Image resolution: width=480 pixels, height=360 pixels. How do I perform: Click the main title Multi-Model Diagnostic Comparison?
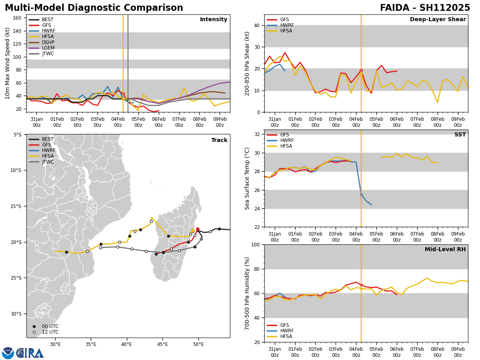point(94,8)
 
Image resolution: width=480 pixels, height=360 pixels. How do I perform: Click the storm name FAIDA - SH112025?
point(425,8)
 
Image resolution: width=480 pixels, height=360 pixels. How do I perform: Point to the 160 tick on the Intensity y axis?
point(18,18)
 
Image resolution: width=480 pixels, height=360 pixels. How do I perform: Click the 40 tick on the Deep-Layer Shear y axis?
point(256,25)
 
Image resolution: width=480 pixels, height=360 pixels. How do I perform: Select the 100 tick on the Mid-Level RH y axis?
point(255,244)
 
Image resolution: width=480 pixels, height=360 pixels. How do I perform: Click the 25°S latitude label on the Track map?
point(16,278)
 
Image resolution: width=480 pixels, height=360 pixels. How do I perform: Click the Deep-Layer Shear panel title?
point(438,20)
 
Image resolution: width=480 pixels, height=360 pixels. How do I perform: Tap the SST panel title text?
point(460,135)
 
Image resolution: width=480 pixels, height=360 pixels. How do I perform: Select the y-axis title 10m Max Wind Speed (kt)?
point(8,63)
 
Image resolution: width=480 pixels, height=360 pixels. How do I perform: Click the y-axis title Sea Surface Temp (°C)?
point(248,178)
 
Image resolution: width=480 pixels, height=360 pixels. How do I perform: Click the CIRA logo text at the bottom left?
point(30,353)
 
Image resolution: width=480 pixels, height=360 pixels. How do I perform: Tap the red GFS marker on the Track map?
point(198,229)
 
